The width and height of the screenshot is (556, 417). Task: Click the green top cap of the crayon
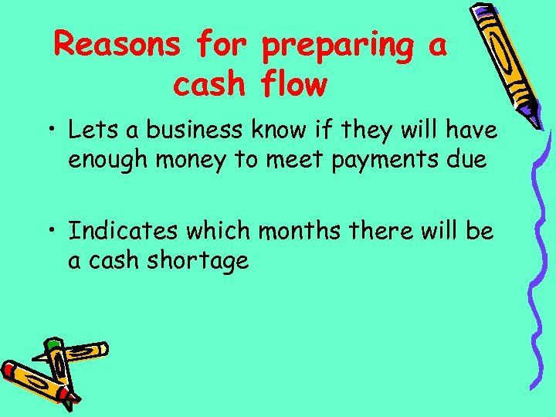(x=53, y=341)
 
